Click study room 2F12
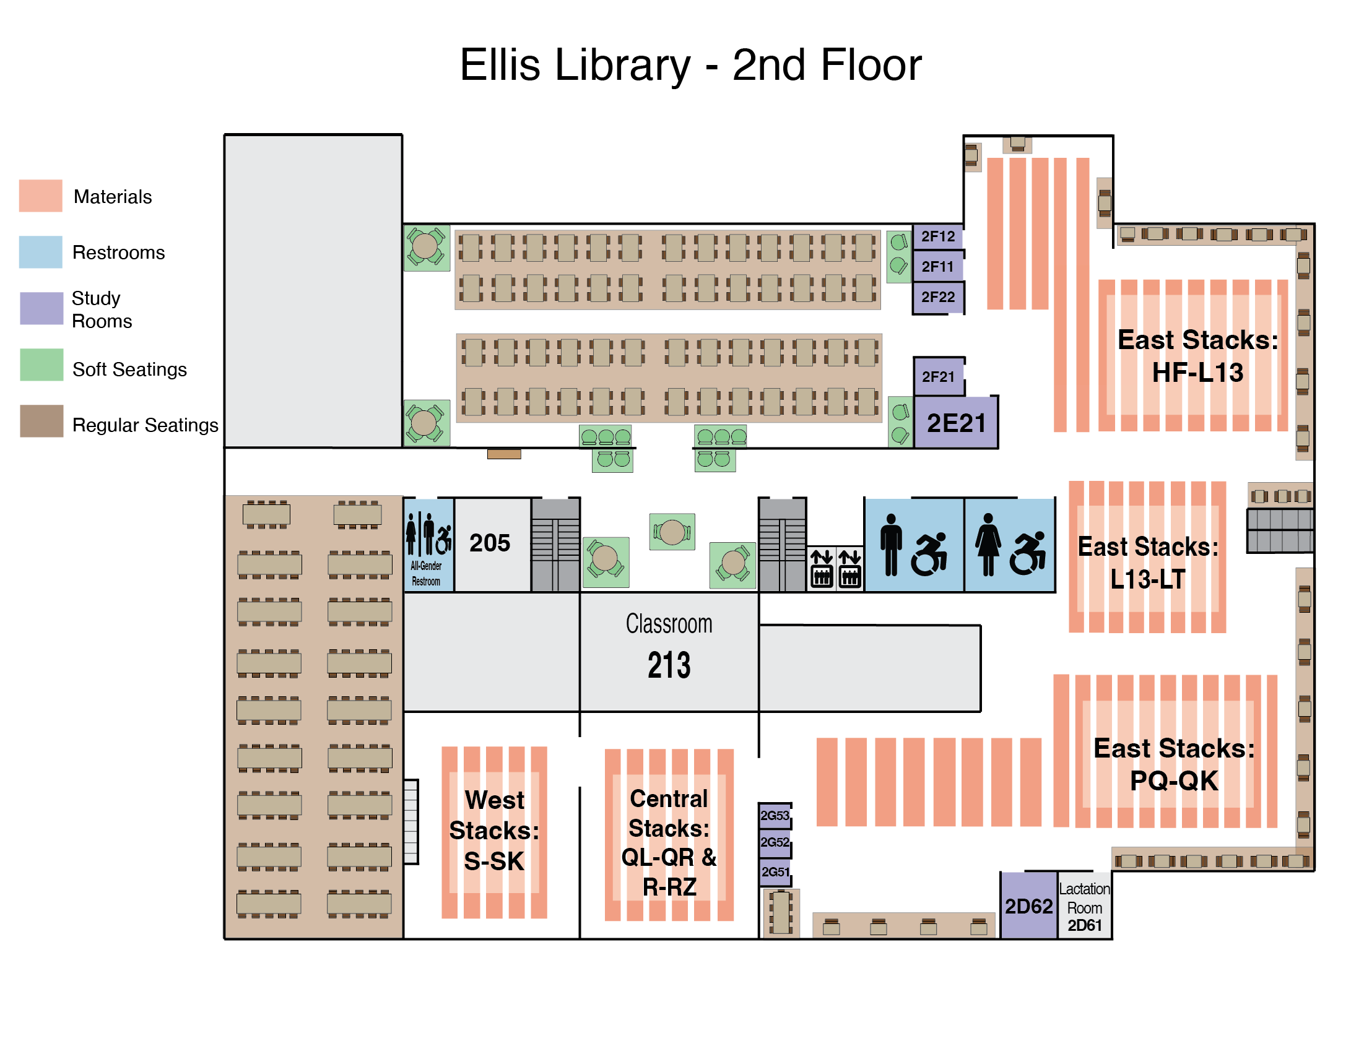(937, 236)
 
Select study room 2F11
(937, 267)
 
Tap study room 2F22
(937, 297)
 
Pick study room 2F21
(938, 376)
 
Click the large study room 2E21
(955, 423)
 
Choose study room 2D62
(1028, 905)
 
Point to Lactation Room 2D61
(1084, 907)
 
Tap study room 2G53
(775, 815)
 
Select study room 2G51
(775, 871)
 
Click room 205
(490, 543)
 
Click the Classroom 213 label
(669, 646)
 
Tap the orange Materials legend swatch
(41, 196)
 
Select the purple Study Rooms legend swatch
(41, 308)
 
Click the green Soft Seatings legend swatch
(41, 365)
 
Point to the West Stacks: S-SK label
(494, 831)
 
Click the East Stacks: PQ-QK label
(1173, 764)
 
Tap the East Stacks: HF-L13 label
(1197, 356)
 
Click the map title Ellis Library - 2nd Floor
(691, 65)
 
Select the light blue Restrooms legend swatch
(41, 252)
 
